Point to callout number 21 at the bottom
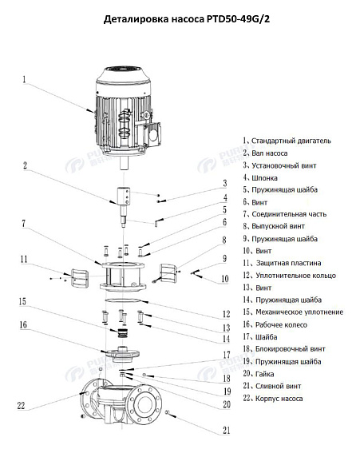click(226, 431)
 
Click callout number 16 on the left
click(24, 325)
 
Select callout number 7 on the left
click(25, 223)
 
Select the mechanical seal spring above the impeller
click(122, 333)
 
